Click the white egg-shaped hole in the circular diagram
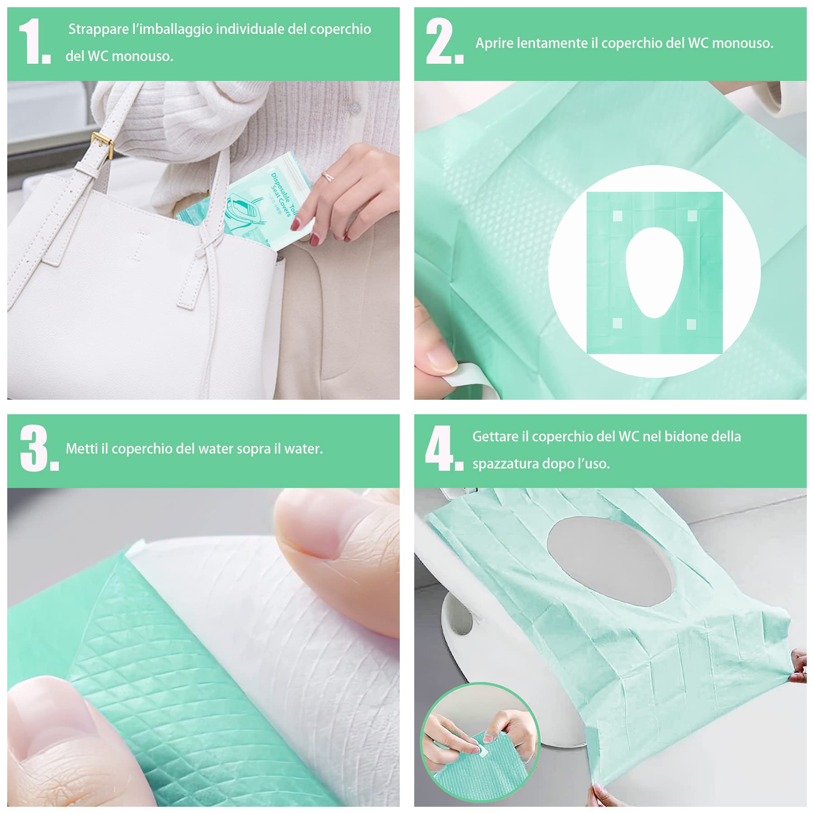[654, 271]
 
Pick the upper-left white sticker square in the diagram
[617, 216]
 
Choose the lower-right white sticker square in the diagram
[691, 324]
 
